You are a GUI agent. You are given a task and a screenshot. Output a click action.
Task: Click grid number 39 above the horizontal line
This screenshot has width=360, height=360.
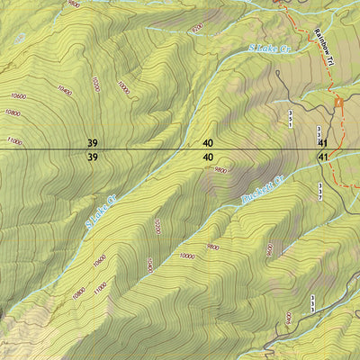click(92, 142)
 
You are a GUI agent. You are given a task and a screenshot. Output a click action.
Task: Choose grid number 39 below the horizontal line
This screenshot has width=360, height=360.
click(92, 157)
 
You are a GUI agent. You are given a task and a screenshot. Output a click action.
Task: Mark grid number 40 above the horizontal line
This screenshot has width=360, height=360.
click(208, 142)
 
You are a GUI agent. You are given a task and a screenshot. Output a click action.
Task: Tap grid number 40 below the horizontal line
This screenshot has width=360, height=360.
click(208, 157)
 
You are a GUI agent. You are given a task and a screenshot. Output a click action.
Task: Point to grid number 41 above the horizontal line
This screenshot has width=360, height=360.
click(322, 142)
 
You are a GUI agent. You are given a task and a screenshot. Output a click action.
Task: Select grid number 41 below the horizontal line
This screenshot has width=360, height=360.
click(322, 157)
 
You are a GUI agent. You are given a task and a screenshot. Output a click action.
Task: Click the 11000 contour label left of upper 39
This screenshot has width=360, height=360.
click(13, 139)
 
